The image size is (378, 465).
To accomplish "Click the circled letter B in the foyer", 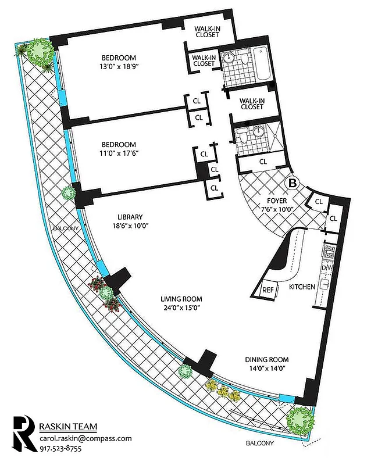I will click(293, 183).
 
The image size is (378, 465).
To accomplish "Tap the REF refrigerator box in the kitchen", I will click(269, 290).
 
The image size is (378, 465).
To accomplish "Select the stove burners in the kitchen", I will click(329, 252).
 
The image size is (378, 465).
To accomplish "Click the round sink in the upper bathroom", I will click(229, 58).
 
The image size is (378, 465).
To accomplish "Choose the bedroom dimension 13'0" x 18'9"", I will click(119, 66).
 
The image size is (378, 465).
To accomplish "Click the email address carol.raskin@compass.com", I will click(85, 438).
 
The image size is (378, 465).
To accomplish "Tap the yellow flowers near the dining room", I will click(222, 390).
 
